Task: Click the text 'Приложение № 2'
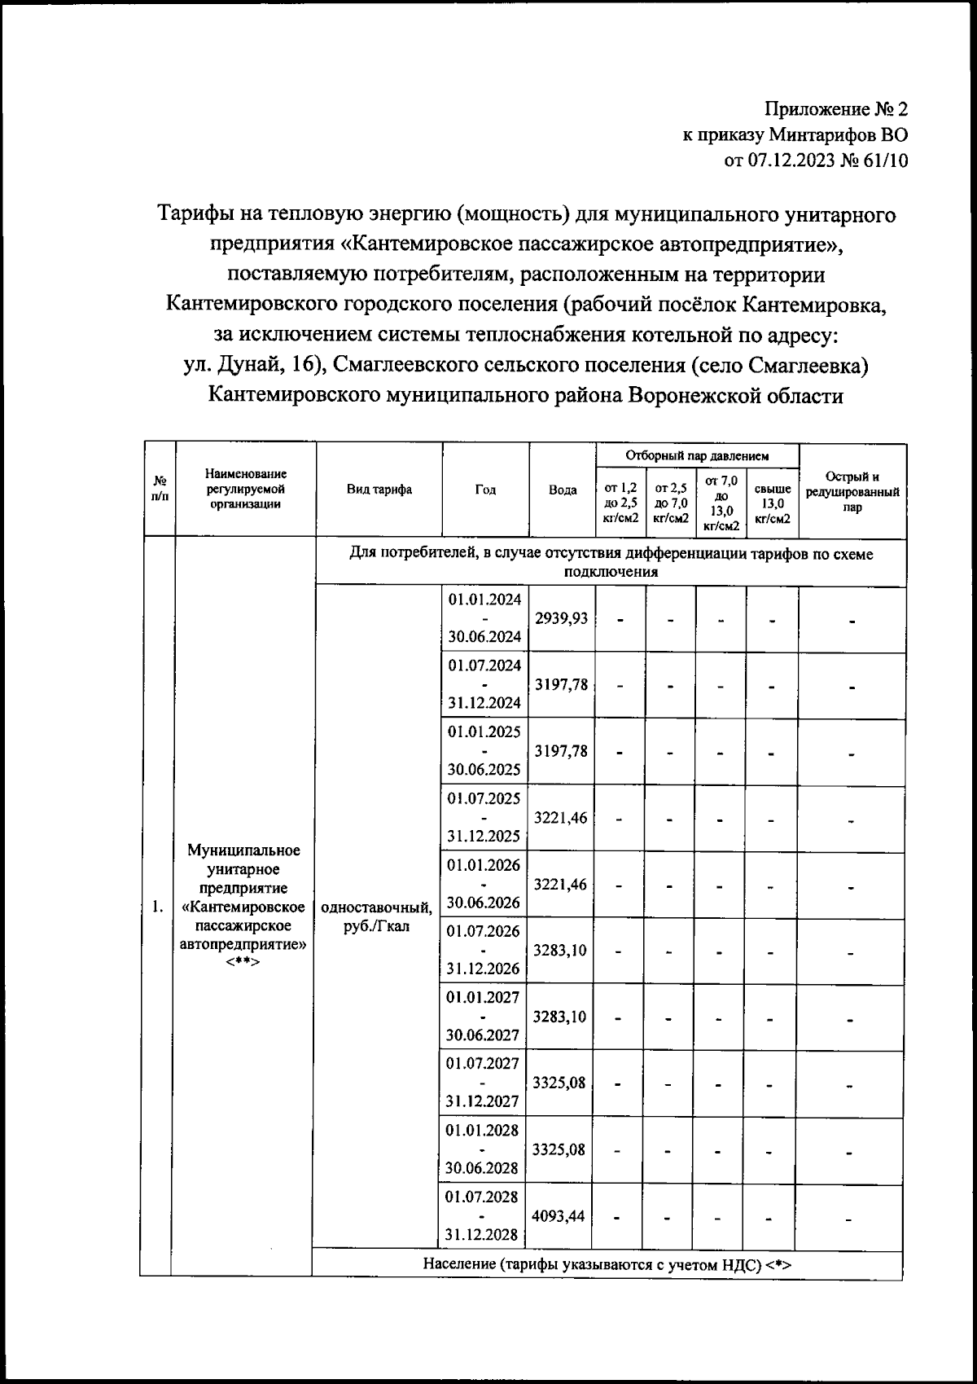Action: pyautogui.click(x=835, y=109)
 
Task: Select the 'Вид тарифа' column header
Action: pyautogui.click(x=379, y=490)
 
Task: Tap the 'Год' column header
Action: pyautogui.click(x=485, y=490)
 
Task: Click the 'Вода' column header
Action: pyautogui.click(x=563, y=490)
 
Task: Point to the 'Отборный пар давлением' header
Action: pyautogui.click(x=697, y=456)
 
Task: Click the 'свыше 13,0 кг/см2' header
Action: pyautogui.click(x=772, y=503)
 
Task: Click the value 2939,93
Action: pyautogui.click(x=561, y=618)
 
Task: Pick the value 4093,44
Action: pyautogui.click(x=559, y=1216)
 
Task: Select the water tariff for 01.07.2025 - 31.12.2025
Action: pyautogui.click(x=560, y=818)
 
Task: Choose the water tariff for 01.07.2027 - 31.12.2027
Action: pyautogui.click(x=559, y=1083)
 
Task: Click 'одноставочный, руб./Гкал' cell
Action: pyautogui.click(x=377, y=916)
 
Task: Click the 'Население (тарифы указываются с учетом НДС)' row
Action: pyautogui.click(x=607, y=1264)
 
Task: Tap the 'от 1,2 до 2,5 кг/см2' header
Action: pyautogui.click(x=620, y=503)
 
